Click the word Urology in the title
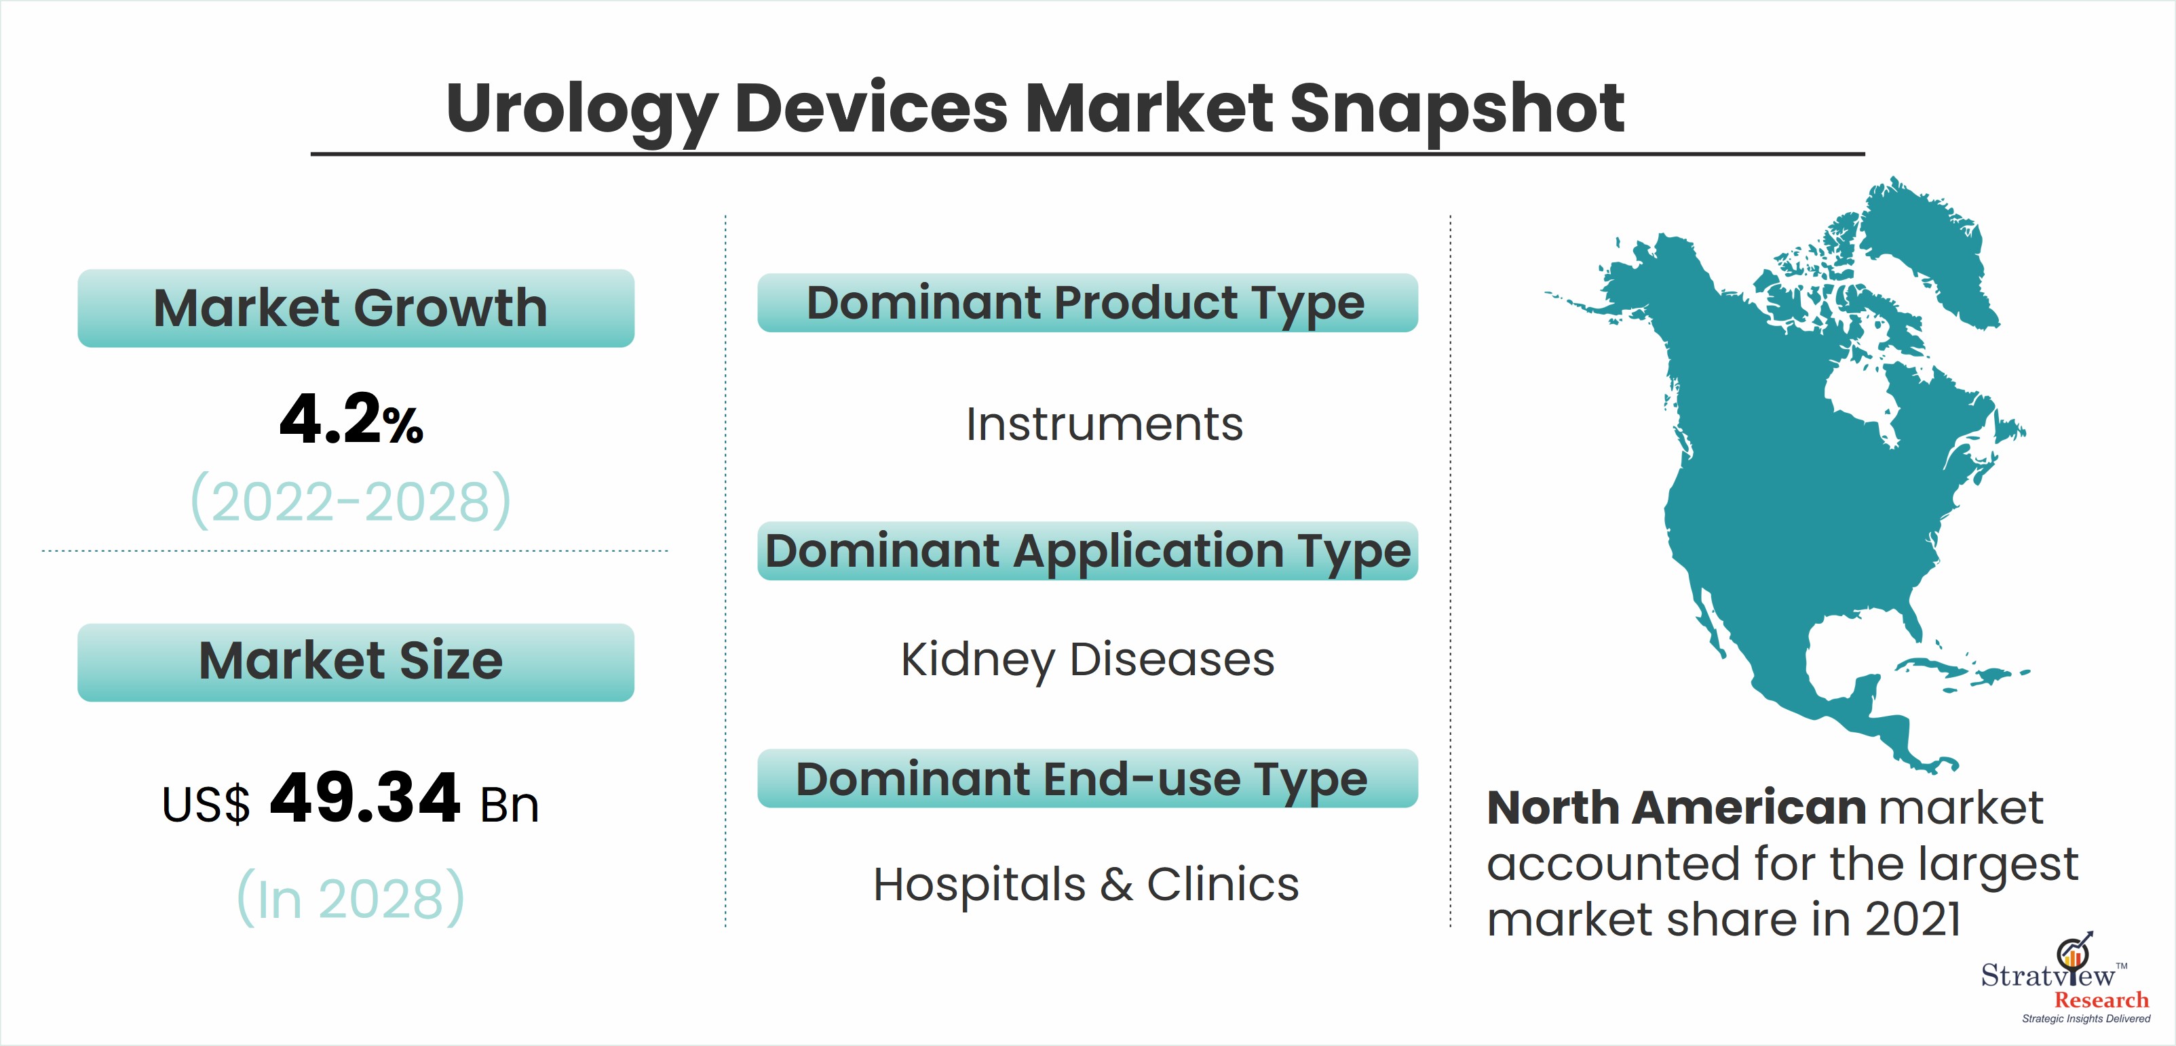tap(582, 110)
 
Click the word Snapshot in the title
tap(1456, 109)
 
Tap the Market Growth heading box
tap(356, 308)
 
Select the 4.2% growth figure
tap(351, 419)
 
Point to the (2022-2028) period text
tap(351, 500)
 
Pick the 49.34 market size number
tap(365, 798)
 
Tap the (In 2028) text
tap(351, 898)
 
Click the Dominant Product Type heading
tap(1087, 302)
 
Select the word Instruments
tap(1104, 424)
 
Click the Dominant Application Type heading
tap(1087, 550)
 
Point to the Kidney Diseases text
tap(1087, 660)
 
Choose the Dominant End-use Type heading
tap(1087, 778)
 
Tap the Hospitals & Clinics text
tap(1086, 885)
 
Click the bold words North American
tap(1676, 808)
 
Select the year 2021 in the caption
tap(1913, 919)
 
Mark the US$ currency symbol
tap(206, 804)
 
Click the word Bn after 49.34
tap(510, 805)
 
